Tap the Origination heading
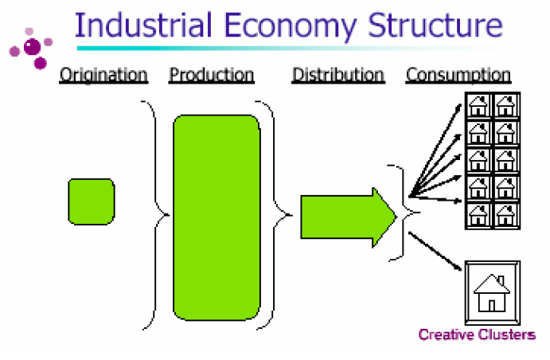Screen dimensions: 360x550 point(103,76)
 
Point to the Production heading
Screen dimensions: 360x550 point(212,76)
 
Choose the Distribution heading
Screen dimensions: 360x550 point(338,76)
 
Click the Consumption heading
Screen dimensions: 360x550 point(458,76)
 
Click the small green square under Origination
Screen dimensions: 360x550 point(91,202)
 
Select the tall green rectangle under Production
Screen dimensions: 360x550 point(216,217)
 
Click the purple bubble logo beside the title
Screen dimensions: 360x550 point(32,48)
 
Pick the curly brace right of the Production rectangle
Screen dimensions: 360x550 point(275,215)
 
